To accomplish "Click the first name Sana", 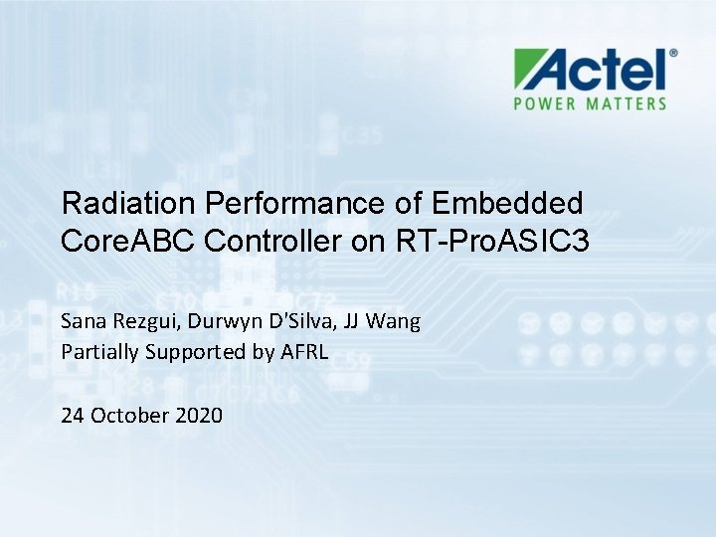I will [x=81, y=321].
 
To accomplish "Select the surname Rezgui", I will [x=138, y=322].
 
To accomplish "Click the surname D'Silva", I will [x=296, y=321].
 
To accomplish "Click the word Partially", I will [x=100, y=351].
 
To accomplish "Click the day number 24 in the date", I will [x=74, y=415].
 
